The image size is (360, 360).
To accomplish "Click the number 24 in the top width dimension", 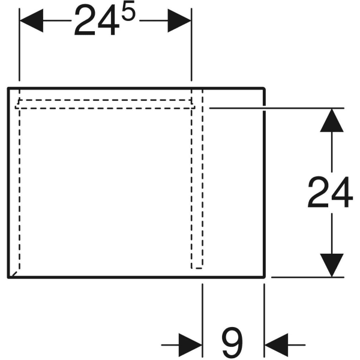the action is pyautogui.click(x=97, y=20).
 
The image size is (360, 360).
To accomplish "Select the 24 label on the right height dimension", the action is pyautogui.click(x=330, y=192).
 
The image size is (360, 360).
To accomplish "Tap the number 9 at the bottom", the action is pyautogui.click(x=232, y=342).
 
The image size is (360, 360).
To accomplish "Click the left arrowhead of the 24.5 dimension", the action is pyautogui.click(x=31, y=20).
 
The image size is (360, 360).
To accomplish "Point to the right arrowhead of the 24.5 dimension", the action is pyautogui.click(x=179, y=20).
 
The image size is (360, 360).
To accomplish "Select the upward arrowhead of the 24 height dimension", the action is pyautogui.click(x=332, y=120).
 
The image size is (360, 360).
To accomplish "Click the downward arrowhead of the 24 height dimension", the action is pyautogui.click(x=332, y=265).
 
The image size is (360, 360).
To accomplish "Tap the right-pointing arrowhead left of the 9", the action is pyautogui.click(x=190, y=345).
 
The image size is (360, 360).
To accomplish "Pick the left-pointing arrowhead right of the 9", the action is pyautogui.click(x=277, y=345).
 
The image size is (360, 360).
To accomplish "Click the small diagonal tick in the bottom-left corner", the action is pyautogui.click(x=14, y=274).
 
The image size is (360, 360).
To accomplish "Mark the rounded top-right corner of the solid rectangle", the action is pyautogui.click(x=264, y=89).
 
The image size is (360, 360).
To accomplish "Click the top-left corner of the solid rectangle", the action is pyautogui.click(x=9, y=88).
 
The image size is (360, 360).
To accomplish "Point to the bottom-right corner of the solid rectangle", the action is pyautogui.click(x=264, y=277).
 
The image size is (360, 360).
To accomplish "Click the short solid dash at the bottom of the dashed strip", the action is pyautogui.click(x=199, y=268).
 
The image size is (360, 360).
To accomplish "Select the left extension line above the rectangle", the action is pyautogui.click(x=20, y=44).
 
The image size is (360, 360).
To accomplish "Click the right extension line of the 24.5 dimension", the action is pyautogui.click(x=191, y=44).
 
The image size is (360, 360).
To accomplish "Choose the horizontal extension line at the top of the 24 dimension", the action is pyautogui.click(x=277, y=108).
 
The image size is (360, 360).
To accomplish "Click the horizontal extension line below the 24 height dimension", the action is pyautogui.click(x=308, y=277).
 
